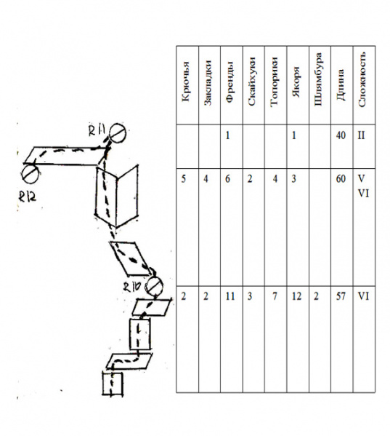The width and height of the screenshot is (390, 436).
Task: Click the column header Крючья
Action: coord(186,82)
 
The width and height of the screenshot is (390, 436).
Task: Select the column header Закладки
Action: coord(208,83)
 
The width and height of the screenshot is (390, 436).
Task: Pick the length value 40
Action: coord(341,135)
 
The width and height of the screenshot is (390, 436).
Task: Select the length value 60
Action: coord(341,178)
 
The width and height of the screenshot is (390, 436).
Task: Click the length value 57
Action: coord(341,296)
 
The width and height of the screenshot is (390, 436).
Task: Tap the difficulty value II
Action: coord(362,135)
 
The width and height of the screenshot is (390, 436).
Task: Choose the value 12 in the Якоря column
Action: coord(296,296)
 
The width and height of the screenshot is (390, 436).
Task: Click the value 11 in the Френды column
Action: coord(230,296)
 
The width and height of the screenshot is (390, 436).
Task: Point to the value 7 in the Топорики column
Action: coord(275,296)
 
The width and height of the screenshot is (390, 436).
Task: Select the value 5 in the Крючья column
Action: coord(183,178)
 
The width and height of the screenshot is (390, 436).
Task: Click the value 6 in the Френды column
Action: coord(227,178)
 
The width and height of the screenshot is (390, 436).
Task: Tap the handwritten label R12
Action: coord(27,197)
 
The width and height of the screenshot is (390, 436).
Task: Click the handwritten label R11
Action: coord(97,130)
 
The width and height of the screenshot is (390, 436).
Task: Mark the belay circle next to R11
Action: coord(118,133)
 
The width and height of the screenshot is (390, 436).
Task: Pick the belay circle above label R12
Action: coord(30,174)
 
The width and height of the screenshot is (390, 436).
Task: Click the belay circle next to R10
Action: coord(155,286)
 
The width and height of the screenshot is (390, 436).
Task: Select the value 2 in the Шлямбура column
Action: coord(316,296)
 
